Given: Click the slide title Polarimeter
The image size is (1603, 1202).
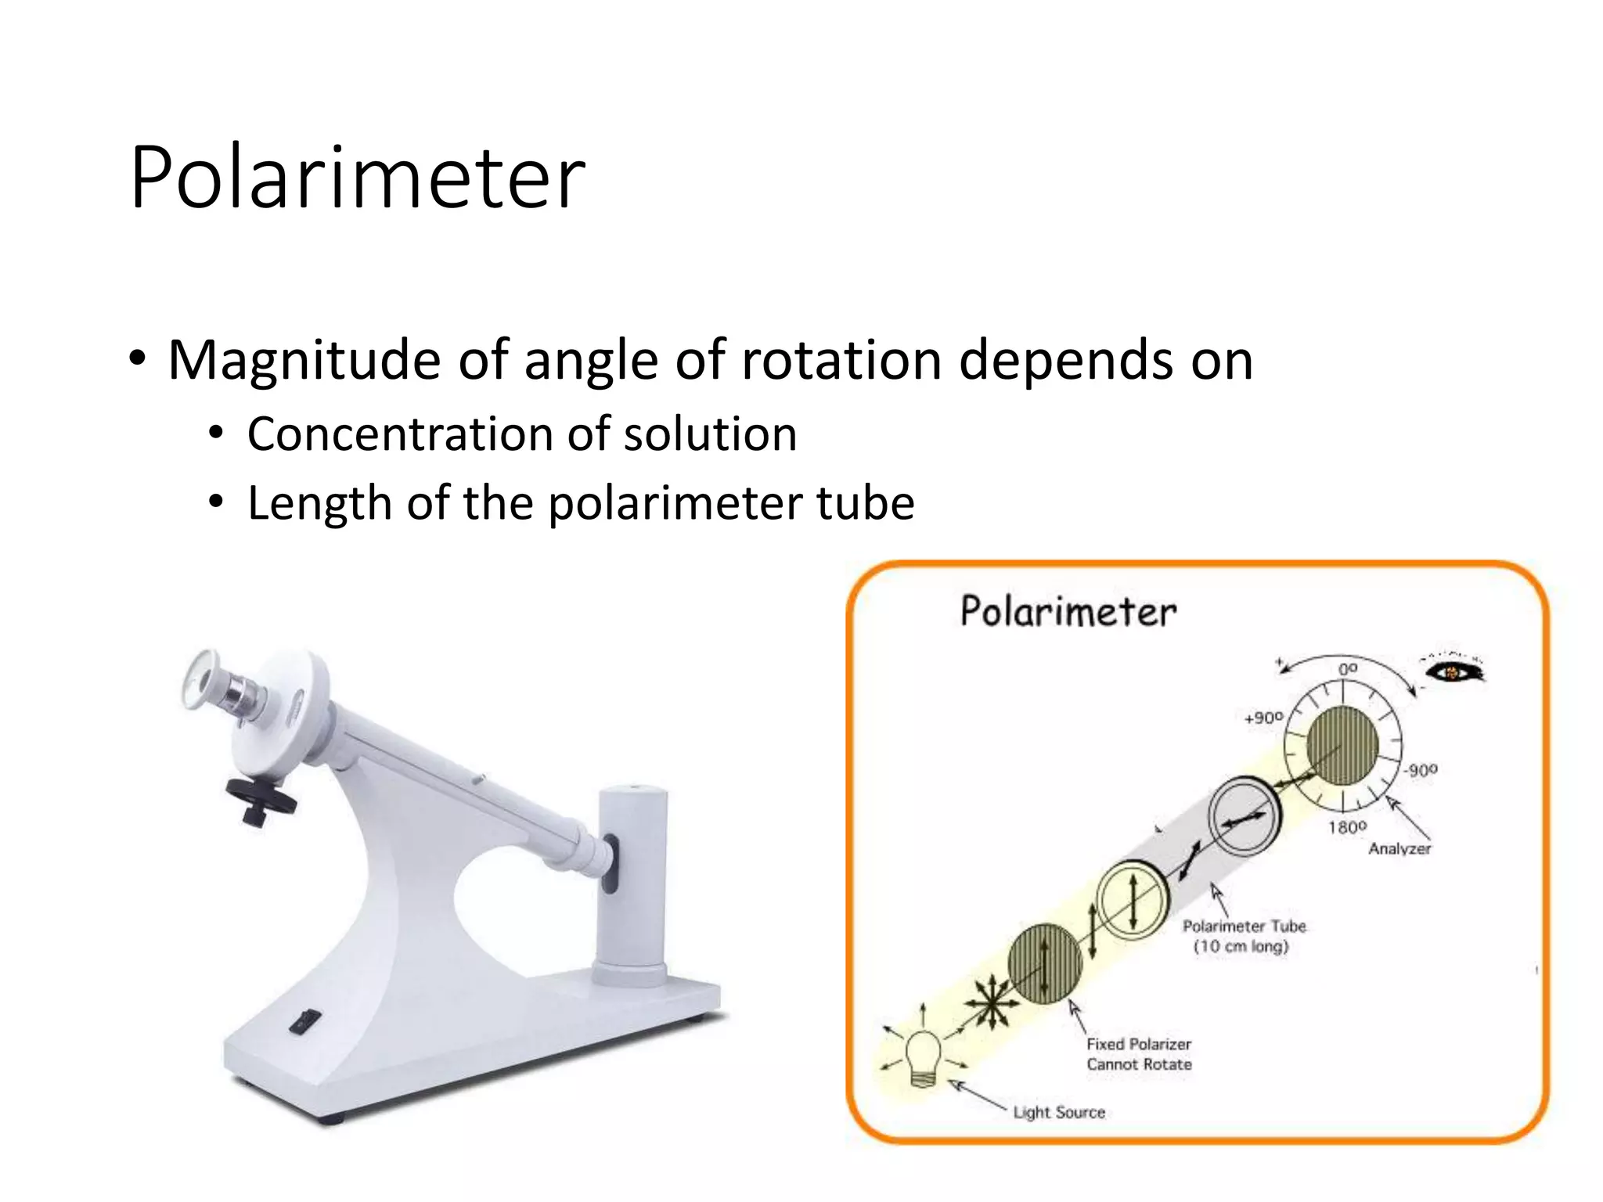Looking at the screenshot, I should (358, 178).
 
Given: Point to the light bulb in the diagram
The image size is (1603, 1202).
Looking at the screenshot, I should (924, 1056).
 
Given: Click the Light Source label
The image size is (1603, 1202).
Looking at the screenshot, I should (1058, 1112).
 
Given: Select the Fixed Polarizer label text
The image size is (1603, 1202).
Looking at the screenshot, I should (1138, 1044).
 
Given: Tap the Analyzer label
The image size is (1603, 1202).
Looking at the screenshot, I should (1399, 848).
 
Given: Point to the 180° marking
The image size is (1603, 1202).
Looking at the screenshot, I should (1347, 827).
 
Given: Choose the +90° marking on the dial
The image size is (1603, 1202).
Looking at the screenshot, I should (1263, 718).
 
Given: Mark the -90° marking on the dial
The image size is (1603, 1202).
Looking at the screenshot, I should (1420, 770).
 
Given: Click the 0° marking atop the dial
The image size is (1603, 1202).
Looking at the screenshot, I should (1348, 669).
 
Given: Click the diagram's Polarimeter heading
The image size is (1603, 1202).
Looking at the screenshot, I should (1068, 612).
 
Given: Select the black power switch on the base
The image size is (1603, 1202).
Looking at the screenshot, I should (304, 1022).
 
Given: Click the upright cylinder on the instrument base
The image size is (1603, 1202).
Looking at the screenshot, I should (632, 884).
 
